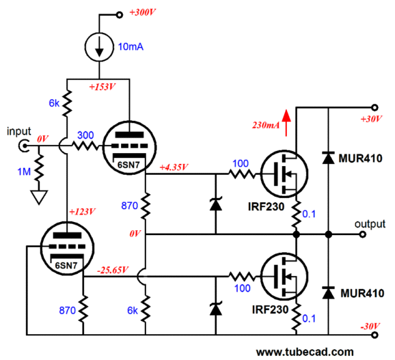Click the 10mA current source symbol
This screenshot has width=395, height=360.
(x=99, y=47)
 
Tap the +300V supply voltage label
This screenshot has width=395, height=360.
(x=142, y=12)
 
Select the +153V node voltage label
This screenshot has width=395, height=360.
(x=102, y=87)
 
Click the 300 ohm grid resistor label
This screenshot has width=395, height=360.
(x=85, y=135)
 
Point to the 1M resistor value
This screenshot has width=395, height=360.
(x=24, y=171)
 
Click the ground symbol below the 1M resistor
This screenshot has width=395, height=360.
(x=39, y=197)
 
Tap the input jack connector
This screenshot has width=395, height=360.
(x=24, y=146)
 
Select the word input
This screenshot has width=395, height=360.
(x=19, y=132)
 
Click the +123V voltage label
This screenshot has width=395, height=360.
(x=82, y=212)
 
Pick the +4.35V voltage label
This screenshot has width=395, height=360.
(x=174, y=167)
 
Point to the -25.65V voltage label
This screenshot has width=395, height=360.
(x=113, y=270)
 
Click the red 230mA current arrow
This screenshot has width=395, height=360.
(x=286, y=123)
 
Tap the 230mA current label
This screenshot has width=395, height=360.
(x=266, y=125)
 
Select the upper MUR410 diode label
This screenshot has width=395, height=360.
(x=360, y=158)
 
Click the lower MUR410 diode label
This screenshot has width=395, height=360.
(x=362, y=293)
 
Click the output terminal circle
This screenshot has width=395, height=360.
(x=362, y=234)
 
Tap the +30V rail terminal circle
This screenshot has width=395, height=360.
(x=375, y=107)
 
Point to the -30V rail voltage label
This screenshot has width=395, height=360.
(x=370, y=327)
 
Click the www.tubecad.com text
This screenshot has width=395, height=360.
(x=305, y=352)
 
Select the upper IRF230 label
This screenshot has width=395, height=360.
(x=267, y=207)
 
